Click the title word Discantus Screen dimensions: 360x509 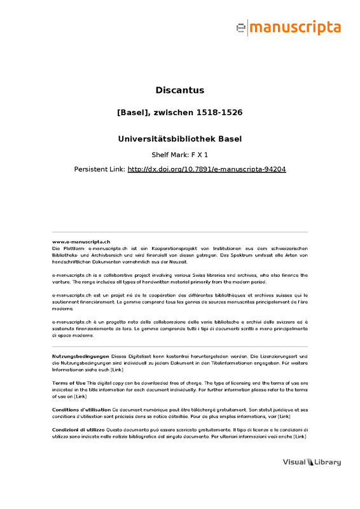tap(180, 90)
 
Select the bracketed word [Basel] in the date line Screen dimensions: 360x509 tap(134, 112)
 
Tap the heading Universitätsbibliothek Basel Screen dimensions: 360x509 tap(180, 138)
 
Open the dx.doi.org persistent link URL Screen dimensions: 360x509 tap(207, 170)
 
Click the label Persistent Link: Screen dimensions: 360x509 tap(100, 170)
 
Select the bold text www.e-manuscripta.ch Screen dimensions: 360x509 tap(81, 242)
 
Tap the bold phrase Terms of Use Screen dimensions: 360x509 tap(68, 382)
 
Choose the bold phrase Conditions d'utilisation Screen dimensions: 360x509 tap(81, 410)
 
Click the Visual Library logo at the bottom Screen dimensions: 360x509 tap(312, 462)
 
